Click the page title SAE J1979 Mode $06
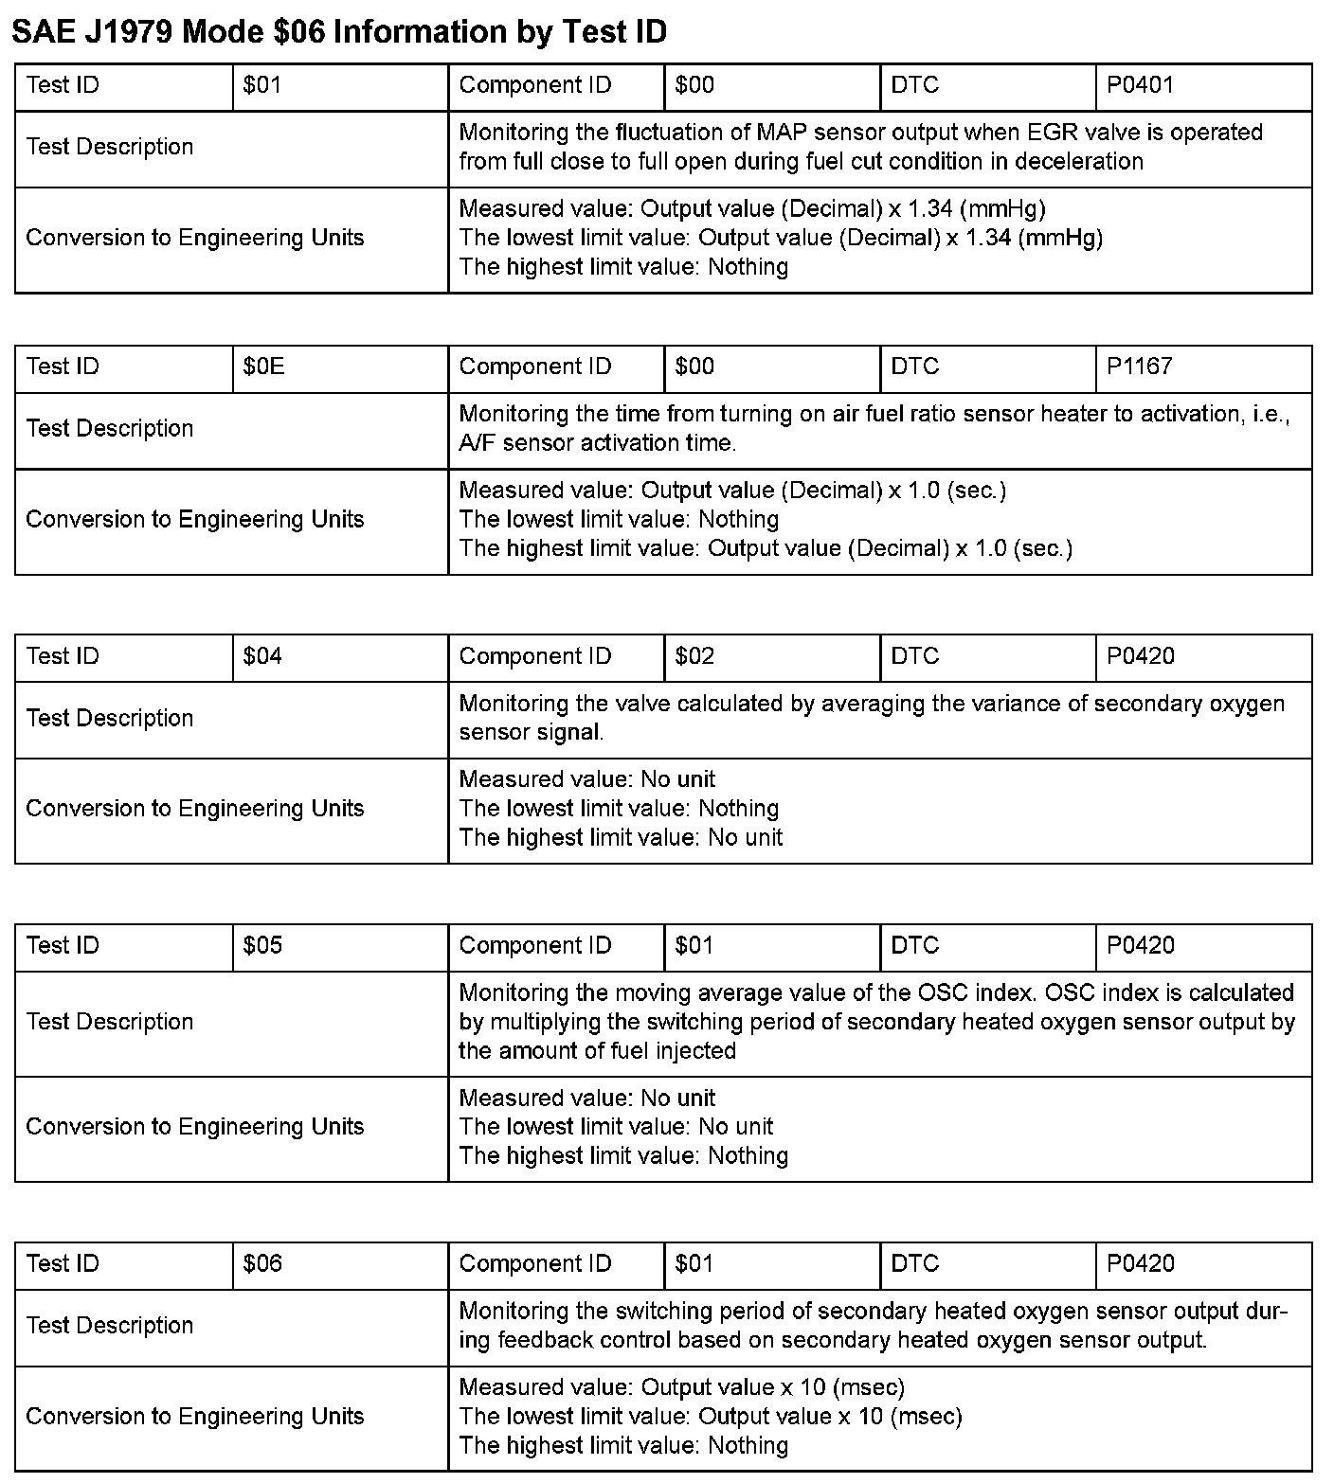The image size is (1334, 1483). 338,32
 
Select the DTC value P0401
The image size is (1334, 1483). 1140,85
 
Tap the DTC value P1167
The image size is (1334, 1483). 1140,366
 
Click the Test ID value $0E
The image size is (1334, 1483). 263,366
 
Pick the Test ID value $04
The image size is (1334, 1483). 262,656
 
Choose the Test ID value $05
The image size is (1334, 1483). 262,945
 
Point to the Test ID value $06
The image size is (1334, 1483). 262,1263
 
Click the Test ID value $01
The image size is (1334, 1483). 262,85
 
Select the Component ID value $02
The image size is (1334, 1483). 694,656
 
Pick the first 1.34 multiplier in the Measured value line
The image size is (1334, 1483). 930,208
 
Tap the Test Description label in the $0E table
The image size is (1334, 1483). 110,429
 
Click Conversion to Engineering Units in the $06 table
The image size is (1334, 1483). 195,1417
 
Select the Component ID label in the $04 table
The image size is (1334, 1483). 535,656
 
